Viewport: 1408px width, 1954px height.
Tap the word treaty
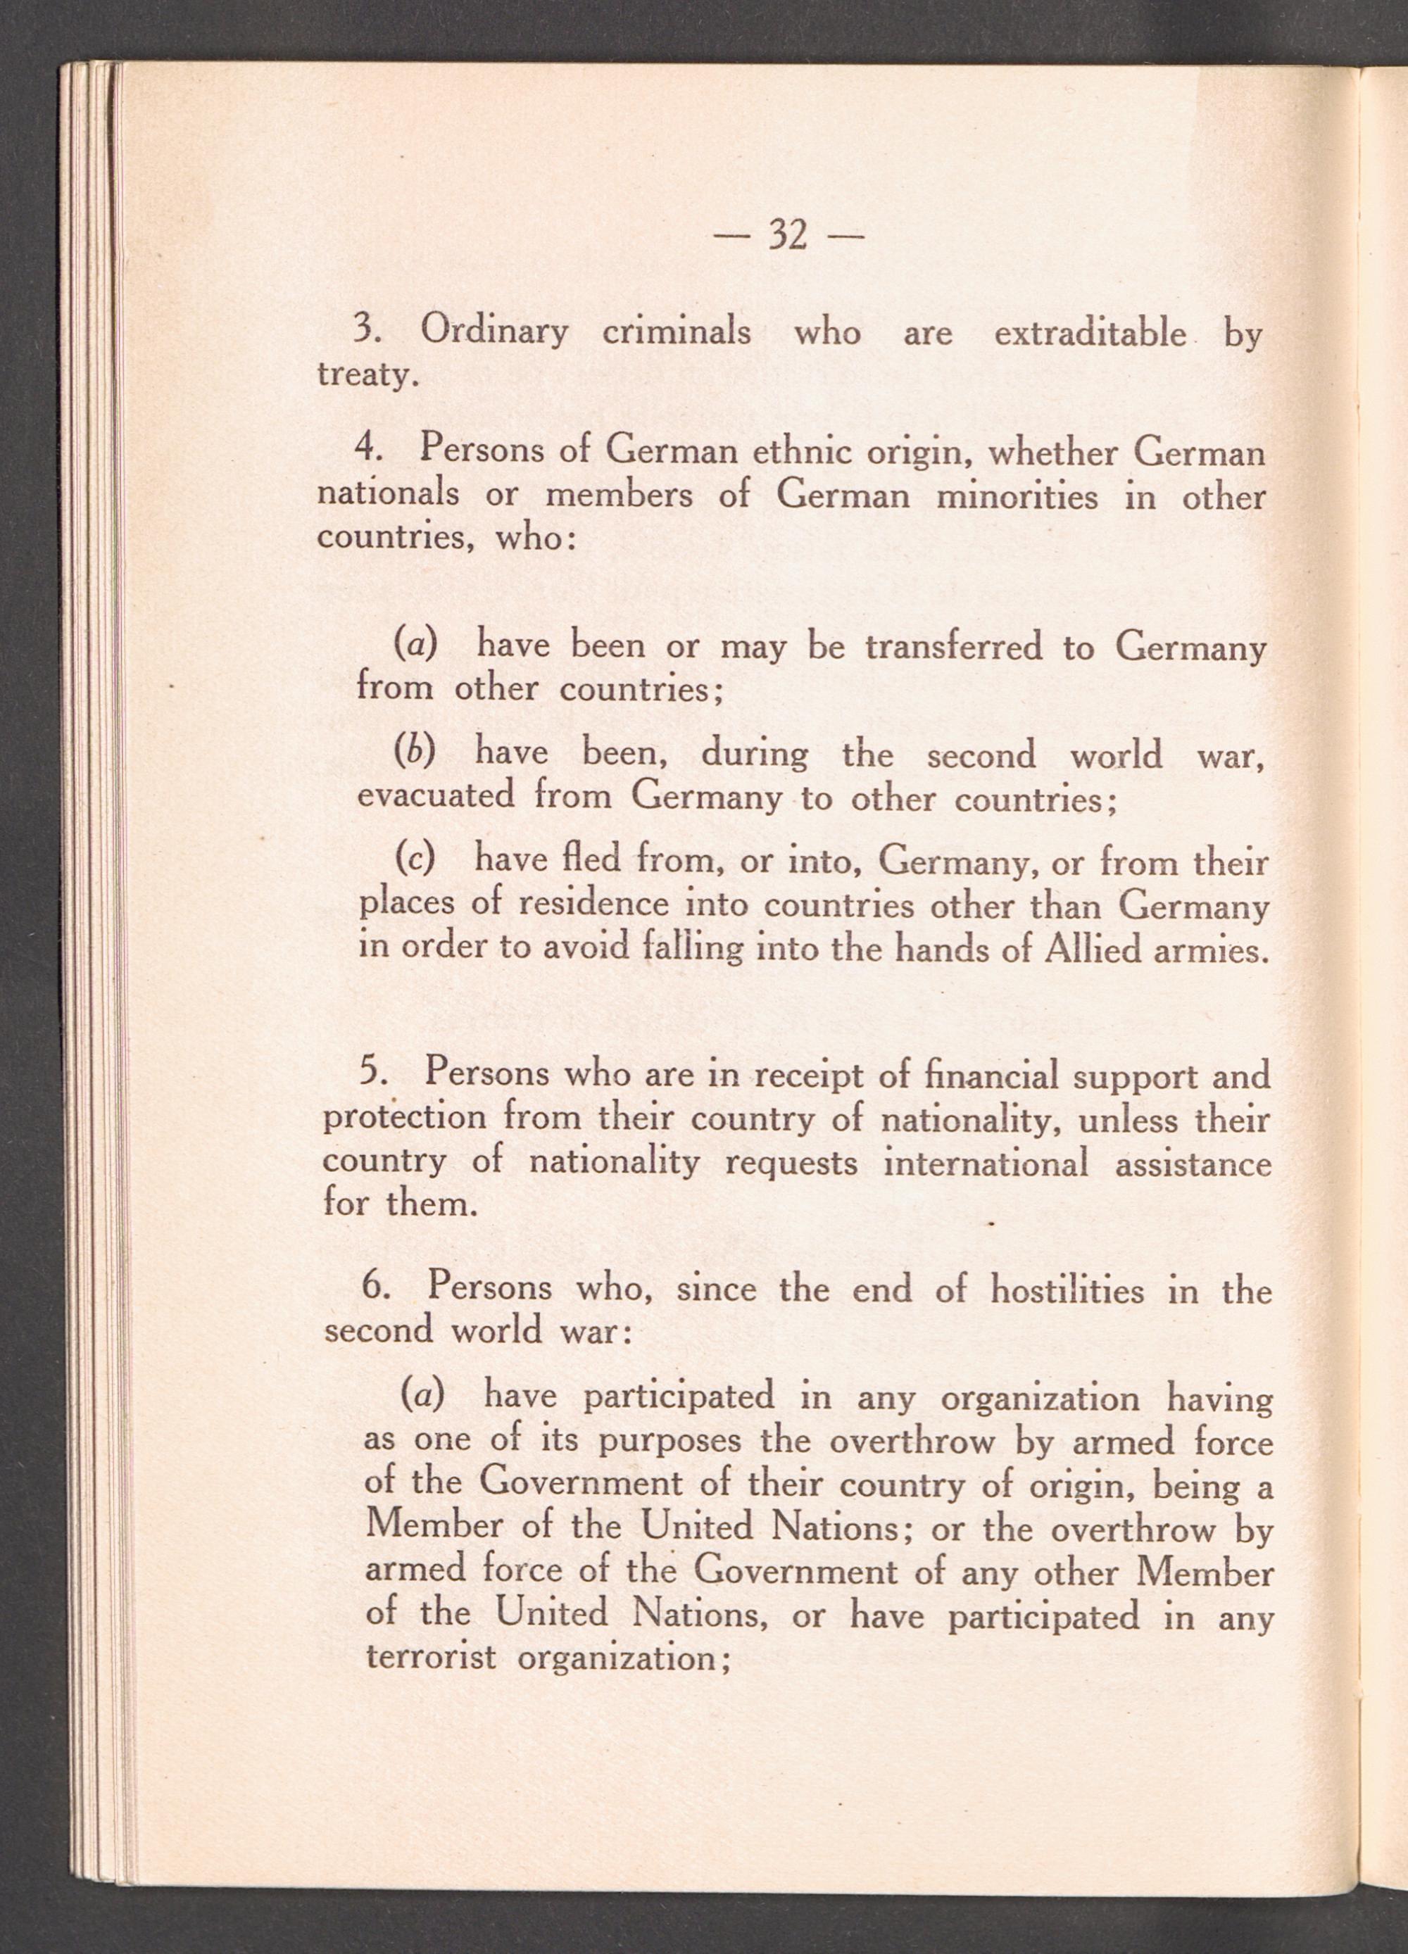366,377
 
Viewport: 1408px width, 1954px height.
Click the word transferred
953,646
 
